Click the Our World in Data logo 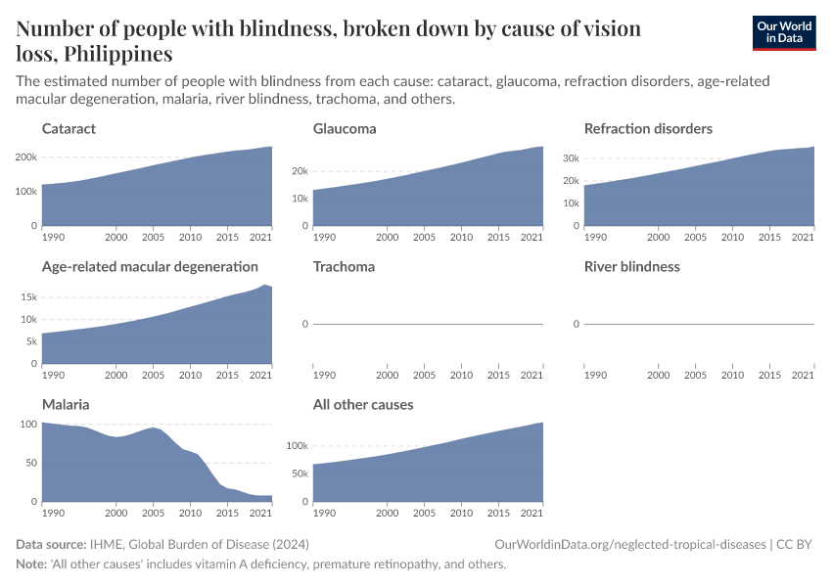click(783, 32)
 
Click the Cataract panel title click(69, 128)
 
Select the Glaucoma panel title click(345, 128)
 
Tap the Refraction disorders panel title click(648, 128)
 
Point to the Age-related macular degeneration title click(150, 266)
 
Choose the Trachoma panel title click(344, 266)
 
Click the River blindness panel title click(631, 266)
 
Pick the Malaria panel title click(66, 404)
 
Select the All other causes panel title click(363, 404)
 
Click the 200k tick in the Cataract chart click(25, 158)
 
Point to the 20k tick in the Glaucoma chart click(299, 171)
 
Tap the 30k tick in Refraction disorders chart click(570, 158)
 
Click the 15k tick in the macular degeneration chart click(27, 297)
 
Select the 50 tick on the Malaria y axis click(30, 463)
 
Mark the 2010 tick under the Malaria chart click(190, 512)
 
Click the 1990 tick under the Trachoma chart click(324, 374)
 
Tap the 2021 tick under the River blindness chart click(803, 374)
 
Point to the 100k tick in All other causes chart click(296, 446)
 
